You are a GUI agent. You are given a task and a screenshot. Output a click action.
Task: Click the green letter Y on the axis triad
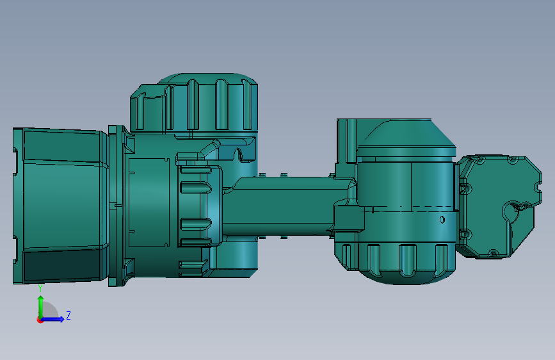click(40, 289)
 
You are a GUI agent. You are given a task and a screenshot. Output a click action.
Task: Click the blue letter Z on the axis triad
click(68, 315)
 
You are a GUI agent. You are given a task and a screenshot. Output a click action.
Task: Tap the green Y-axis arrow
click(41, 307)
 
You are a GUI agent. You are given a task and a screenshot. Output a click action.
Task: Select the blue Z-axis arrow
click(52, 319)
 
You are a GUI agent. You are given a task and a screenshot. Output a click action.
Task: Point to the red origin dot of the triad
click(40, 320)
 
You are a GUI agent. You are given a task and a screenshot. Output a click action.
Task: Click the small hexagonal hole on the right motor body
click(442, 219)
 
